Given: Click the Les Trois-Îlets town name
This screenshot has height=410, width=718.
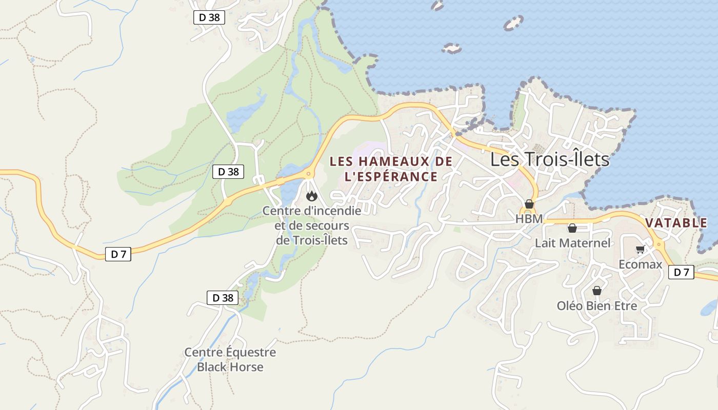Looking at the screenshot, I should click(x=550, y=159).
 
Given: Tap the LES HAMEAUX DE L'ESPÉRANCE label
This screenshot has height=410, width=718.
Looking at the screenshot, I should click(x=391, y=169).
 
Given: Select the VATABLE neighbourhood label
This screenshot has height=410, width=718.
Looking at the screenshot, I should click(x=676, y=223).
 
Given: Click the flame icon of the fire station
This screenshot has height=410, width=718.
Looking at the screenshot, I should click(x=311, y=195).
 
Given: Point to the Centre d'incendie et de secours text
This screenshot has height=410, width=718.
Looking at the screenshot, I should click(x=312, y=225).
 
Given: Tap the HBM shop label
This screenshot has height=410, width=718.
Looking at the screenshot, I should click(x=529, y=219).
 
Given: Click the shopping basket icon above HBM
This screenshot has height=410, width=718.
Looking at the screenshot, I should click(x=529, y=204).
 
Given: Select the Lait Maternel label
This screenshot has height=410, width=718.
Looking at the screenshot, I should click(x=572, y=243).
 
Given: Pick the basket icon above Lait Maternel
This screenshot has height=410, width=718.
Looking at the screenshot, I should click(x=572, y=228).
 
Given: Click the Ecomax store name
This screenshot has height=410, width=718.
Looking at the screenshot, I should click(x=641, y=264).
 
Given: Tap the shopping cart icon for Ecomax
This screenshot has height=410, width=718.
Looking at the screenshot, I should click(x=640, y=250).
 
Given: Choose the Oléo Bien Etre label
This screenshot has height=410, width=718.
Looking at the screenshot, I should click(x=597, y=306).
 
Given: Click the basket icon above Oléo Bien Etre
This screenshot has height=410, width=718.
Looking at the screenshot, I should click(x=597, y=291).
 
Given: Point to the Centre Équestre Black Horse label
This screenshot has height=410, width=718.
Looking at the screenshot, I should click(x=230, y=360).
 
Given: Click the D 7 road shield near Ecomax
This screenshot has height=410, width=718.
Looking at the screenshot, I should click(x=681, y=272).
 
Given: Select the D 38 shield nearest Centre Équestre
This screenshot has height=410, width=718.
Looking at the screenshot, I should click(x=223, y=298).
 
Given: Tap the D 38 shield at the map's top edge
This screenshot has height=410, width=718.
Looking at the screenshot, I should click(x=209, y=17).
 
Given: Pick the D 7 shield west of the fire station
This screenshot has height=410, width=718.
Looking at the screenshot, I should click(x=118, y=254).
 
